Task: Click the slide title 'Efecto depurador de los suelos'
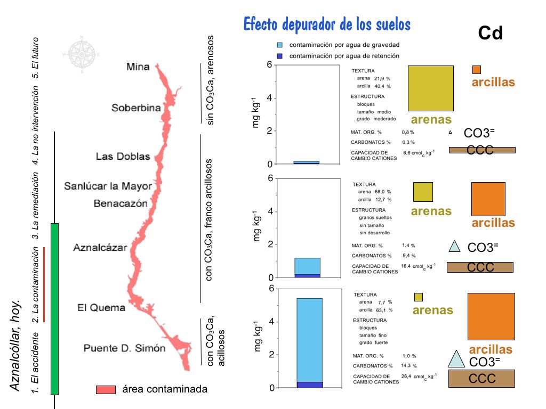[x=327, y=24]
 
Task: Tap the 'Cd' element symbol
[x=491, y=34]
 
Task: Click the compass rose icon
[x=81, y=54]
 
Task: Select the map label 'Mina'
[x=138, y=67]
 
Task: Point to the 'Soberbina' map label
[x=136, y=108]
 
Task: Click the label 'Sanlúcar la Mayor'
[x=108, y=186]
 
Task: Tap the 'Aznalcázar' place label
[x=100, y=248]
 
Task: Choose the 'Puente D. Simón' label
[x=124, y=348]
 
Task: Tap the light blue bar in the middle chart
[x=307, y=266]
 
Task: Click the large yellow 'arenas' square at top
[x=430, y=88]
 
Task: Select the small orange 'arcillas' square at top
[x=477, y=70]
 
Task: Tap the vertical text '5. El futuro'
[x=36, y=57]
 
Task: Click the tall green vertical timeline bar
[x=54, y=309]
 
